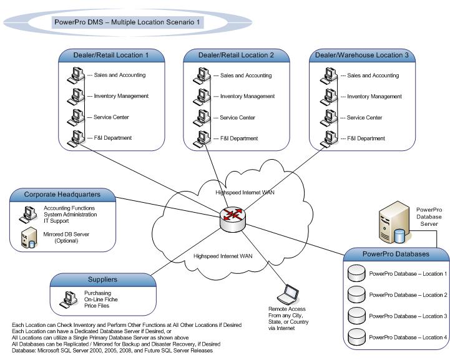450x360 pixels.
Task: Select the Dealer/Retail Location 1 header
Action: (x=112, y=56)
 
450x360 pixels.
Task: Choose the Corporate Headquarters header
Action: (x=62, y=195)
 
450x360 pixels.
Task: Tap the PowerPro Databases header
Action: (x=396, y=254)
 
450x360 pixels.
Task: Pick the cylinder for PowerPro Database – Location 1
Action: (x=356, y=273)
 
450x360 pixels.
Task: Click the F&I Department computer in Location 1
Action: (x=77, y=137)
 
